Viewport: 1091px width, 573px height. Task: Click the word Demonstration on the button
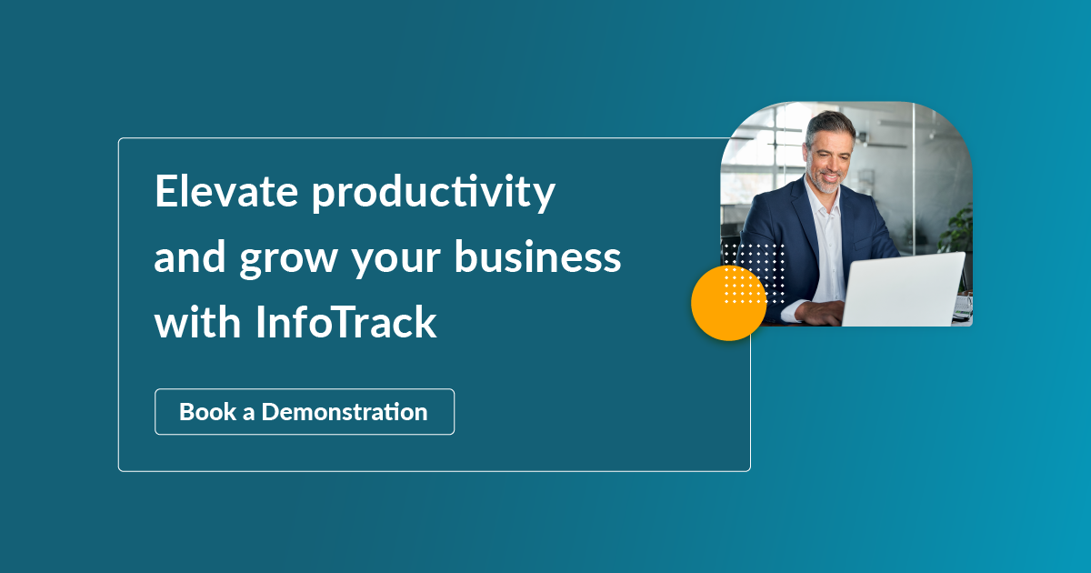tap(345, 412)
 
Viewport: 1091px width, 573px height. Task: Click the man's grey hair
tap(830, 123)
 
